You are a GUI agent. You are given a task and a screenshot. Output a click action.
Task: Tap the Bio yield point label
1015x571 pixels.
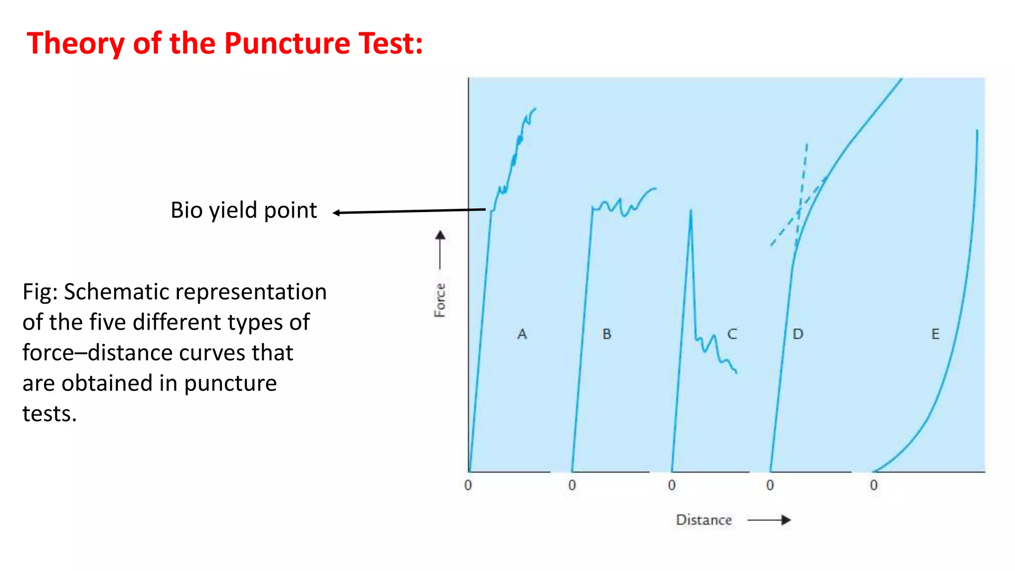click(x=243, y=210)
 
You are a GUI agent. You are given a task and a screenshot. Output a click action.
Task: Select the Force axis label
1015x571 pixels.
click(x=440, y=300)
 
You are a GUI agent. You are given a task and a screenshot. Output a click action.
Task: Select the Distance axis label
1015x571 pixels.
click(x=703, y=520)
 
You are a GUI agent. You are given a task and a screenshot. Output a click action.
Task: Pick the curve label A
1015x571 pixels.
click(x=522, y=334)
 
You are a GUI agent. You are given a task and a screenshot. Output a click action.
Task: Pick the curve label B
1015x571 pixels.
click(x=607, y=334)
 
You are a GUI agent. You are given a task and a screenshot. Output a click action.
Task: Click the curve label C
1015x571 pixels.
click(x=732, y=334)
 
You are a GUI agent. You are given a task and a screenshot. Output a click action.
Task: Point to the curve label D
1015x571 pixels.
click(x=797, y=334)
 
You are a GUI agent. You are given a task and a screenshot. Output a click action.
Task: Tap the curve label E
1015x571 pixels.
click(x=935, y=334)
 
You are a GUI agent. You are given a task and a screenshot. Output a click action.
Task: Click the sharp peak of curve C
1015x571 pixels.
click(x=690, y=211)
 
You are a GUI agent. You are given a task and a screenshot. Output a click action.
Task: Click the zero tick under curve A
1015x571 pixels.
click(x=468, y=485)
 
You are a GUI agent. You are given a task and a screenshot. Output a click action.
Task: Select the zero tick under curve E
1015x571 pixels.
click(x=874, y=485)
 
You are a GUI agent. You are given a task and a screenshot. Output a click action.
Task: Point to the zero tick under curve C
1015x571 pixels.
click(x=672, y=485)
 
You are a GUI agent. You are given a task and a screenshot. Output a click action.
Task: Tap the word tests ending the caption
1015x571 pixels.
click(x=49, y=414)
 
